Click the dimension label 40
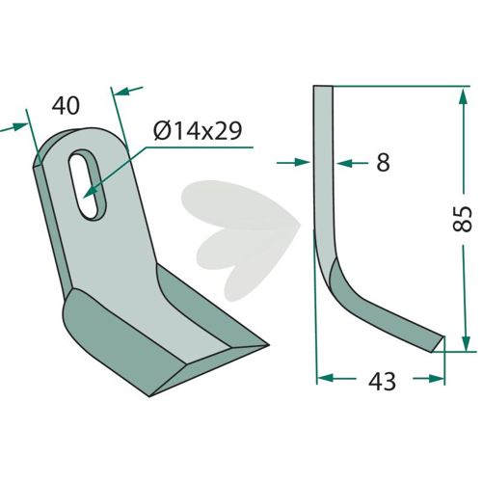(x=66, y=106)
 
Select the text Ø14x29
(x=198, y=131)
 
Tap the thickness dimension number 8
(x=383, y=162)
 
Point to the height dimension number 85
(x=463, y=219)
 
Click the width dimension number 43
(x=382, y=382)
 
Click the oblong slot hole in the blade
(x=88, y=184)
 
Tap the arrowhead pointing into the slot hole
(x=91, y=192)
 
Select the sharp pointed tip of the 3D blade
(x=268, y=345)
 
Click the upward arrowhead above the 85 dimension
(x=463, y=97)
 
